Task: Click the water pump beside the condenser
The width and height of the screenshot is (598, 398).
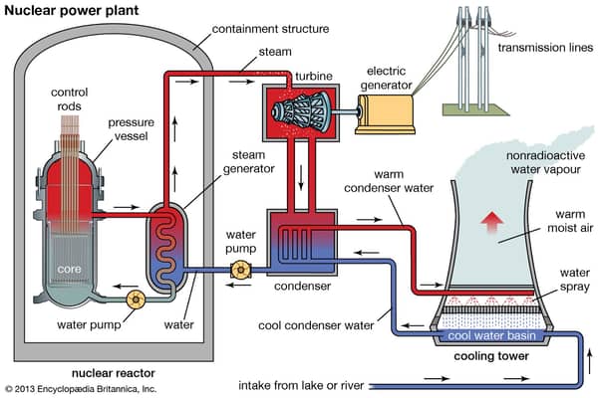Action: [239, 269]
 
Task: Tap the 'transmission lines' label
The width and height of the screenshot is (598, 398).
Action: [539, 47]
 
